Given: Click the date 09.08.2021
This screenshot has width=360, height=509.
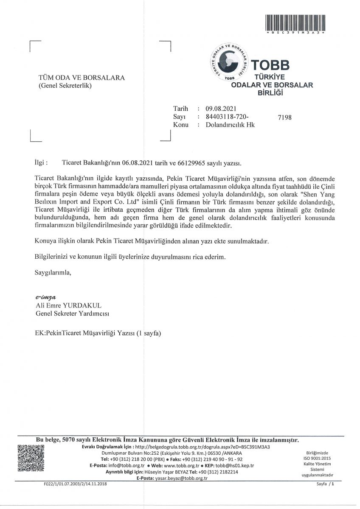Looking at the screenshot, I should [x=221, y=109].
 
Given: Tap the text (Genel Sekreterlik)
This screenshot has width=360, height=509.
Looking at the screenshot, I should [x=65, y=86].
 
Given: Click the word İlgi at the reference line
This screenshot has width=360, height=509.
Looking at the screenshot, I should [x=40, y=162].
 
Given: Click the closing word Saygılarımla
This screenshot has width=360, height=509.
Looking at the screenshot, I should [x=53, y=273].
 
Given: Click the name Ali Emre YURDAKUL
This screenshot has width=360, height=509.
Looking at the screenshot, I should [x=69, y=305].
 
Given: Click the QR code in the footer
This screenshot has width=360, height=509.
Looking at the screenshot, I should [x=31, y=458].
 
